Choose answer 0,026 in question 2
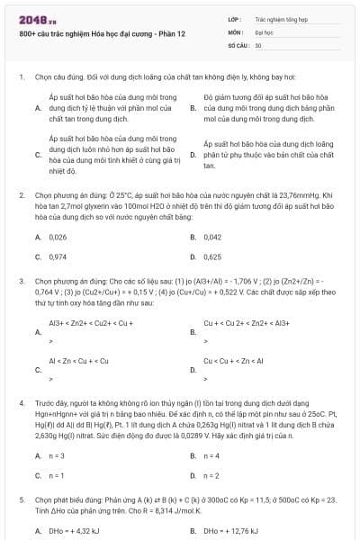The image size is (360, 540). (x=58, y=237)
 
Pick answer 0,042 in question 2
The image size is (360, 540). (x=212, y=237)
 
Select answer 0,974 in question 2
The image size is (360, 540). (x=58, y=256)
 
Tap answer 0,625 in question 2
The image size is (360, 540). (x=212, y=256)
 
